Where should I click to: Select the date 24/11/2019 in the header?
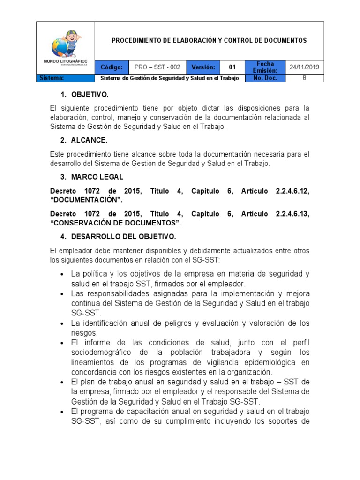(x=304, y=67)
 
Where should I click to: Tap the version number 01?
(x=232, y=67)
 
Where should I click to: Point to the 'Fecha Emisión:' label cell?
(x=265, y=67)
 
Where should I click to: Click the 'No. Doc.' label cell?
(x=265, y=78)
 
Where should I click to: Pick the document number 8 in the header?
(x=304, y=78)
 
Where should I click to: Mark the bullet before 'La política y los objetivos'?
(x=62, y=274)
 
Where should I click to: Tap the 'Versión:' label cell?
(x=203, y=67)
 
